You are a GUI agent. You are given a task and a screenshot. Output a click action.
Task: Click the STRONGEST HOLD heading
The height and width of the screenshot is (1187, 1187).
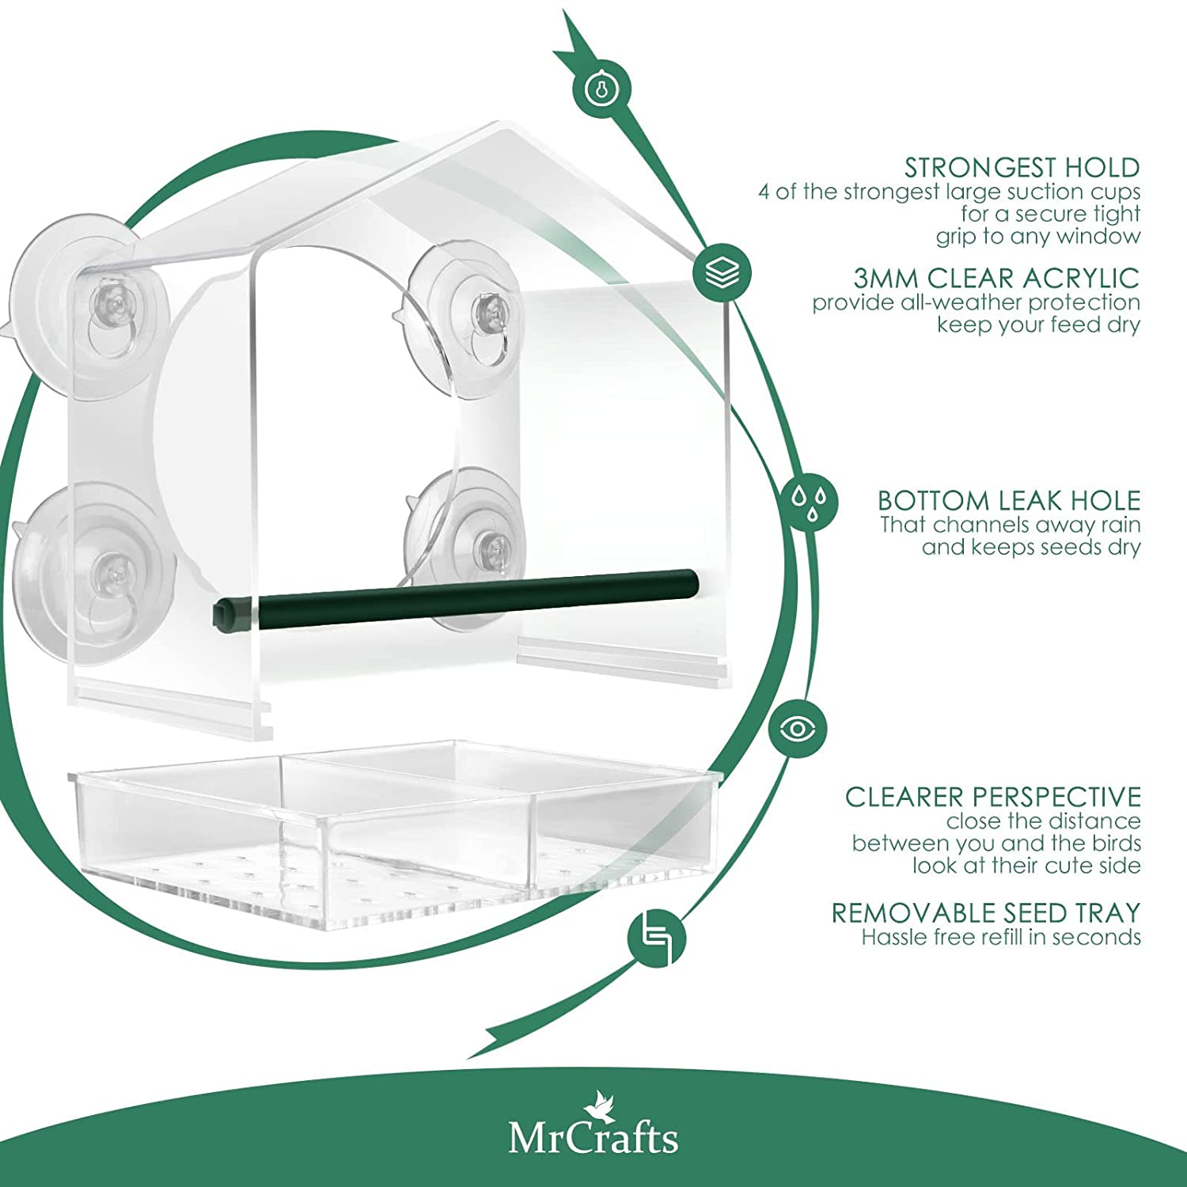click(x=1022, y=168)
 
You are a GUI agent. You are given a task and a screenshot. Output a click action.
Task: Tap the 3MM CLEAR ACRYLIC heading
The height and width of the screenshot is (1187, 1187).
click(x=996, y=279)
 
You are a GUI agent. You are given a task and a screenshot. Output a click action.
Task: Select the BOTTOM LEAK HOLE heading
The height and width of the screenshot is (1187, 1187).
click(x=1009, y=501)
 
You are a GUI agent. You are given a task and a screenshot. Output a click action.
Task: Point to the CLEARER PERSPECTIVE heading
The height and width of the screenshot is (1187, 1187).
click(x=992, y=797)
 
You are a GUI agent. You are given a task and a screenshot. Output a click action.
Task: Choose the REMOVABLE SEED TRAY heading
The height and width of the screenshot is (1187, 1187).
click(x=985, y=913)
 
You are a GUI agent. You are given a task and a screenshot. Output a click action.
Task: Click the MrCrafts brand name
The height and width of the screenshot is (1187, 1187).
click(x=593, y=1138)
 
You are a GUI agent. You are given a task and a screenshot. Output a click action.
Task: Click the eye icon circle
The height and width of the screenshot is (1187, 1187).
click(x=798, y=728)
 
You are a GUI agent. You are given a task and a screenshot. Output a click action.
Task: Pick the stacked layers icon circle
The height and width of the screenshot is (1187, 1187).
click(x=722, y=273)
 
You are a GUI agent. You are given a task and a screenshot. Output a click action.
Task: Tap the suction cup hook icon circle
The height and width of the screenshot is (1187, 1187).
click(x=601, y=89)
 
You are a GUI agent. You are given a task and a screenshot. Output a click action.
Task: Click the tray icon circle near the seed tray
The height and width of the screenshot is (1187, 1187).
click(x=657, y=938)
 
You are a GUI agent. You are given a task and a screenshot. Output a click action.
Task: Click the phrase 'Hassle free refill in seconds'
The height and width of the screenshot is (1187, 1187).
click(x=1001, y=938)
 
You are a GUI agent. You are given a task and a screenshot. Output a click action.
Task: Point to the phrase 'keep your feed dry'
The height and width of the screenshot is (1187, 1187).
click(x=1038, y=325)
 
